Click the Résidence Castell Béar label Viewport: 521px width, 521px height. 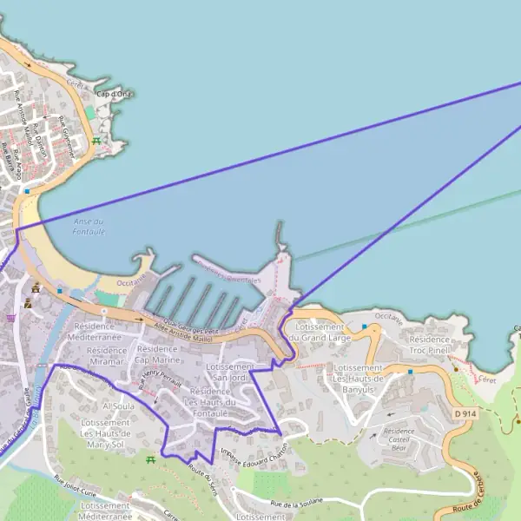click(x=399, y=436)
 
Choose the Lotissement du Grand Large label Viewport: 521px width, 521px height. click(x=320, y=332)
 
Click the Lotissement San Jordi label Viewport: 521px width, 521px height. click(x=230, y=373)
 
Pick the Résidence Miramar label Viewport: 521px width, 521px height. click(x=107, y=351)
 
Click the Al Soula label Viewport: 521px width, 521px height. click(x=116, y=406)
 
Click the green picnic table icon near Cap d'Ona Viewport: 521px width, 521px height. click(x=96, y=141)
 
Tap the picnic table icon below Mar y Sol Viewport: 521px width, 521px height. click(x=149, y=458)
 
